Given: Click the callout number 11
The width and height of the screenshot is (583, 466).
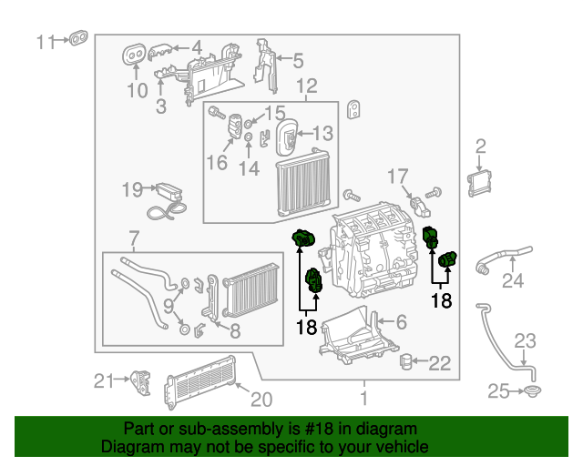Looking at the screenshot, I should coord(46,41).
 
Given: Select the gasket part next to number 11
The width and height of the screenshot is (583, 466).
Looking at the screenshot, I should coord(78,39).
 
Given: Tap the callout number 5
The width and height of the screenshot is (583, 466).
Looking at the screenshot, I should coord(297,62).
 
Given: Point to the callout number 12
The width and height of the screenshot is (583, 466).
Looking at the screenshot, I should coord(306,86).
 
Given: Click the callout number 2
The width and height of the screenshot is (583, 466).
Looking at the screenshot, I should coord(481,146).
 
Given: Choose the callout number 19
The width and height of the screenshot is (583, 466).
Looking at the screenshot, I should coord(132,189).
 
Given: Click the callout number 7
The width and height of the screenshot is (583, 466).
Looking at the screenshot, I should coord(134,239).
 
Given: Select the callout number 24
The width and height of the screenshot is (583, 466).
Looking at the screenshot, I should coord(514,281).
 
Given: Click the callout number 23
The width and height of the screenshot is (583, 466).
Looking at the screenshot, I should coord(527,341).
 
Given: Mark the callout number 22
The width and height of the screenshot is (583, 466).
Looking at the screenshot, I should coord(440,363).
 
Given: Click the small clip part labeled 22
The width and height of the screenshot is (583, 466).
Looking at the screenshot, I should coord(409,363).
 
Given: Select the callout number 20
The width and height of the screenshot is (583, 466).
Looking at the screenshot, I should coord(261,398).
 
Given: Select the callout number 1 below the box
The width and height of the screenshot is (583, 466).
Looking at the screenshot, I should coord(363,398).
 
